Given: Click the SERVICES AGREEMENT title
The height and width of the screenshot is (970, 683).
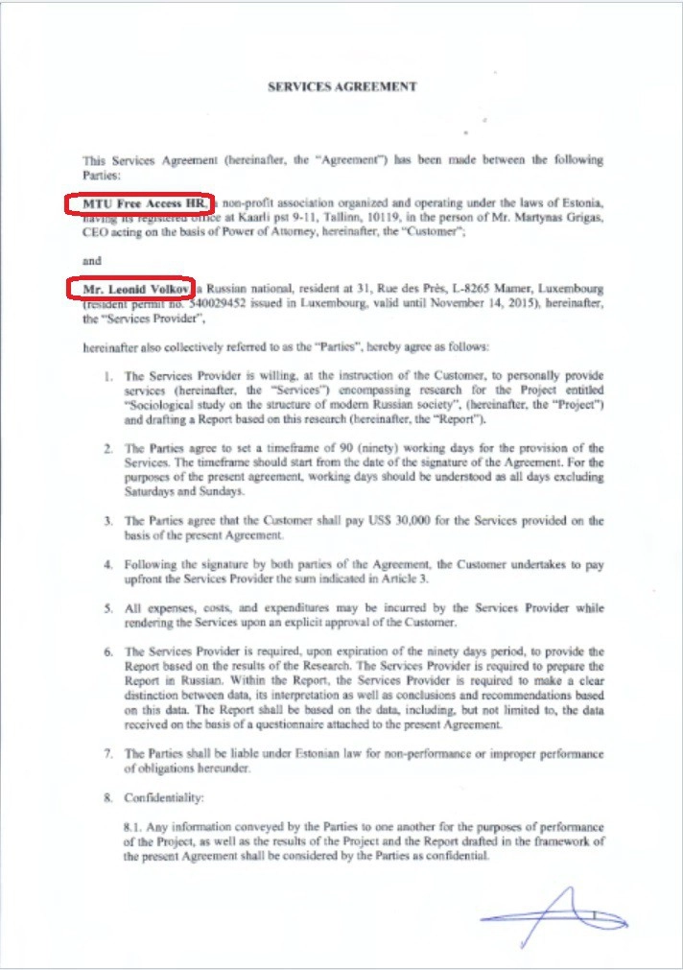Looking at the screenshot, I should click(341, 86).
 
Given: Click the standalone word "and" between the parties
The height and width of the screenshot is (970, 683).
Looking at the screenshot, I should click(92, 260).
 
